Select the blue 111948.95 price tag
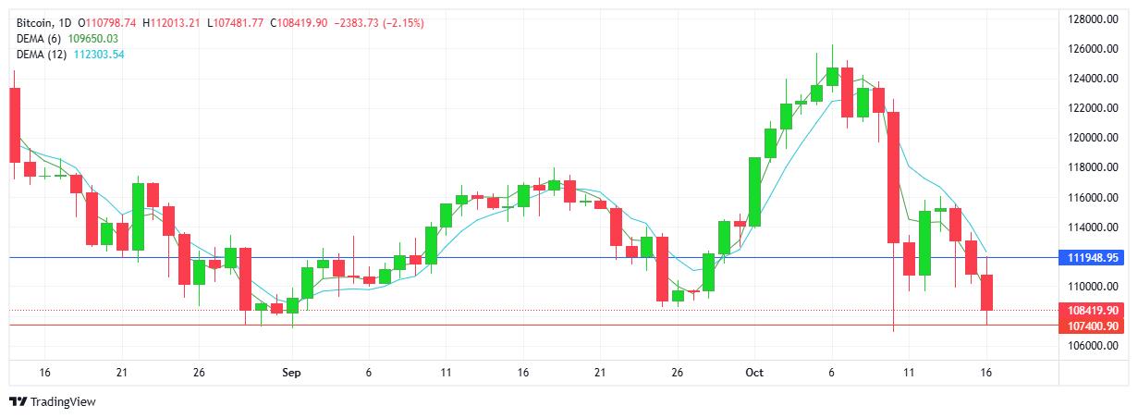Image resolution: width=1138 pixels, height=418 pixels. tap(1093, 257)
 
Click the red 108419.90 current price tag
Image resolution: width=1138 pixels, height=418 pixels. tap(1093, 311)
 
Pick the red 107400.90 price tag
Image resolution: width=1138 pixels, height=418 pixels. tap(1093, 326)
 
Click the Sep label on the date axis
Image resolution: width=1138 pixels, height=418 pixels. tap(291, 373)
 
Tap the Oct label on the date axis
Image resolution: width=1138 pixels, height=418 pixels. tap(754, 373)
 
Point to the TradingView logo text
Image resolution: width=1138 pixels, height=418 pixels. tap(63, 402)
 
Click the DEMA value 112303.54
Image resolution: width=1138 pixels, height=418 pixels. tap(99, 55)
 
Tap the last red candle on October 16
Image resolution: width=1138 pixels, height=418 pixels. tap(986, 292)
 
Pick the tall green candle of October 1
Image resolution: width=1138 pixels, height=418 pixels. tap(754, 191)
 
